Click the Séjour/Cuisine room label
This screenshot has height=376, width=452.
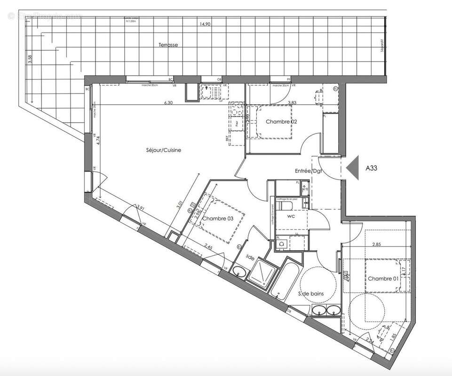pyautogui.click(x=163, y=150)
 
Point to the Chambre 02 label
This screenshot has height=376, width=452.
pyautogui.click(x=281, y=122)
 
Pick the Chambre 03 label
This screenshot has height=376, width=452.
pyautogui.click(x=217, y=219)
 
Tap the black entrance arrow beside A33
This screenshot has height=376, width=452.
pyautogui.click(x=351, y=167)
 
